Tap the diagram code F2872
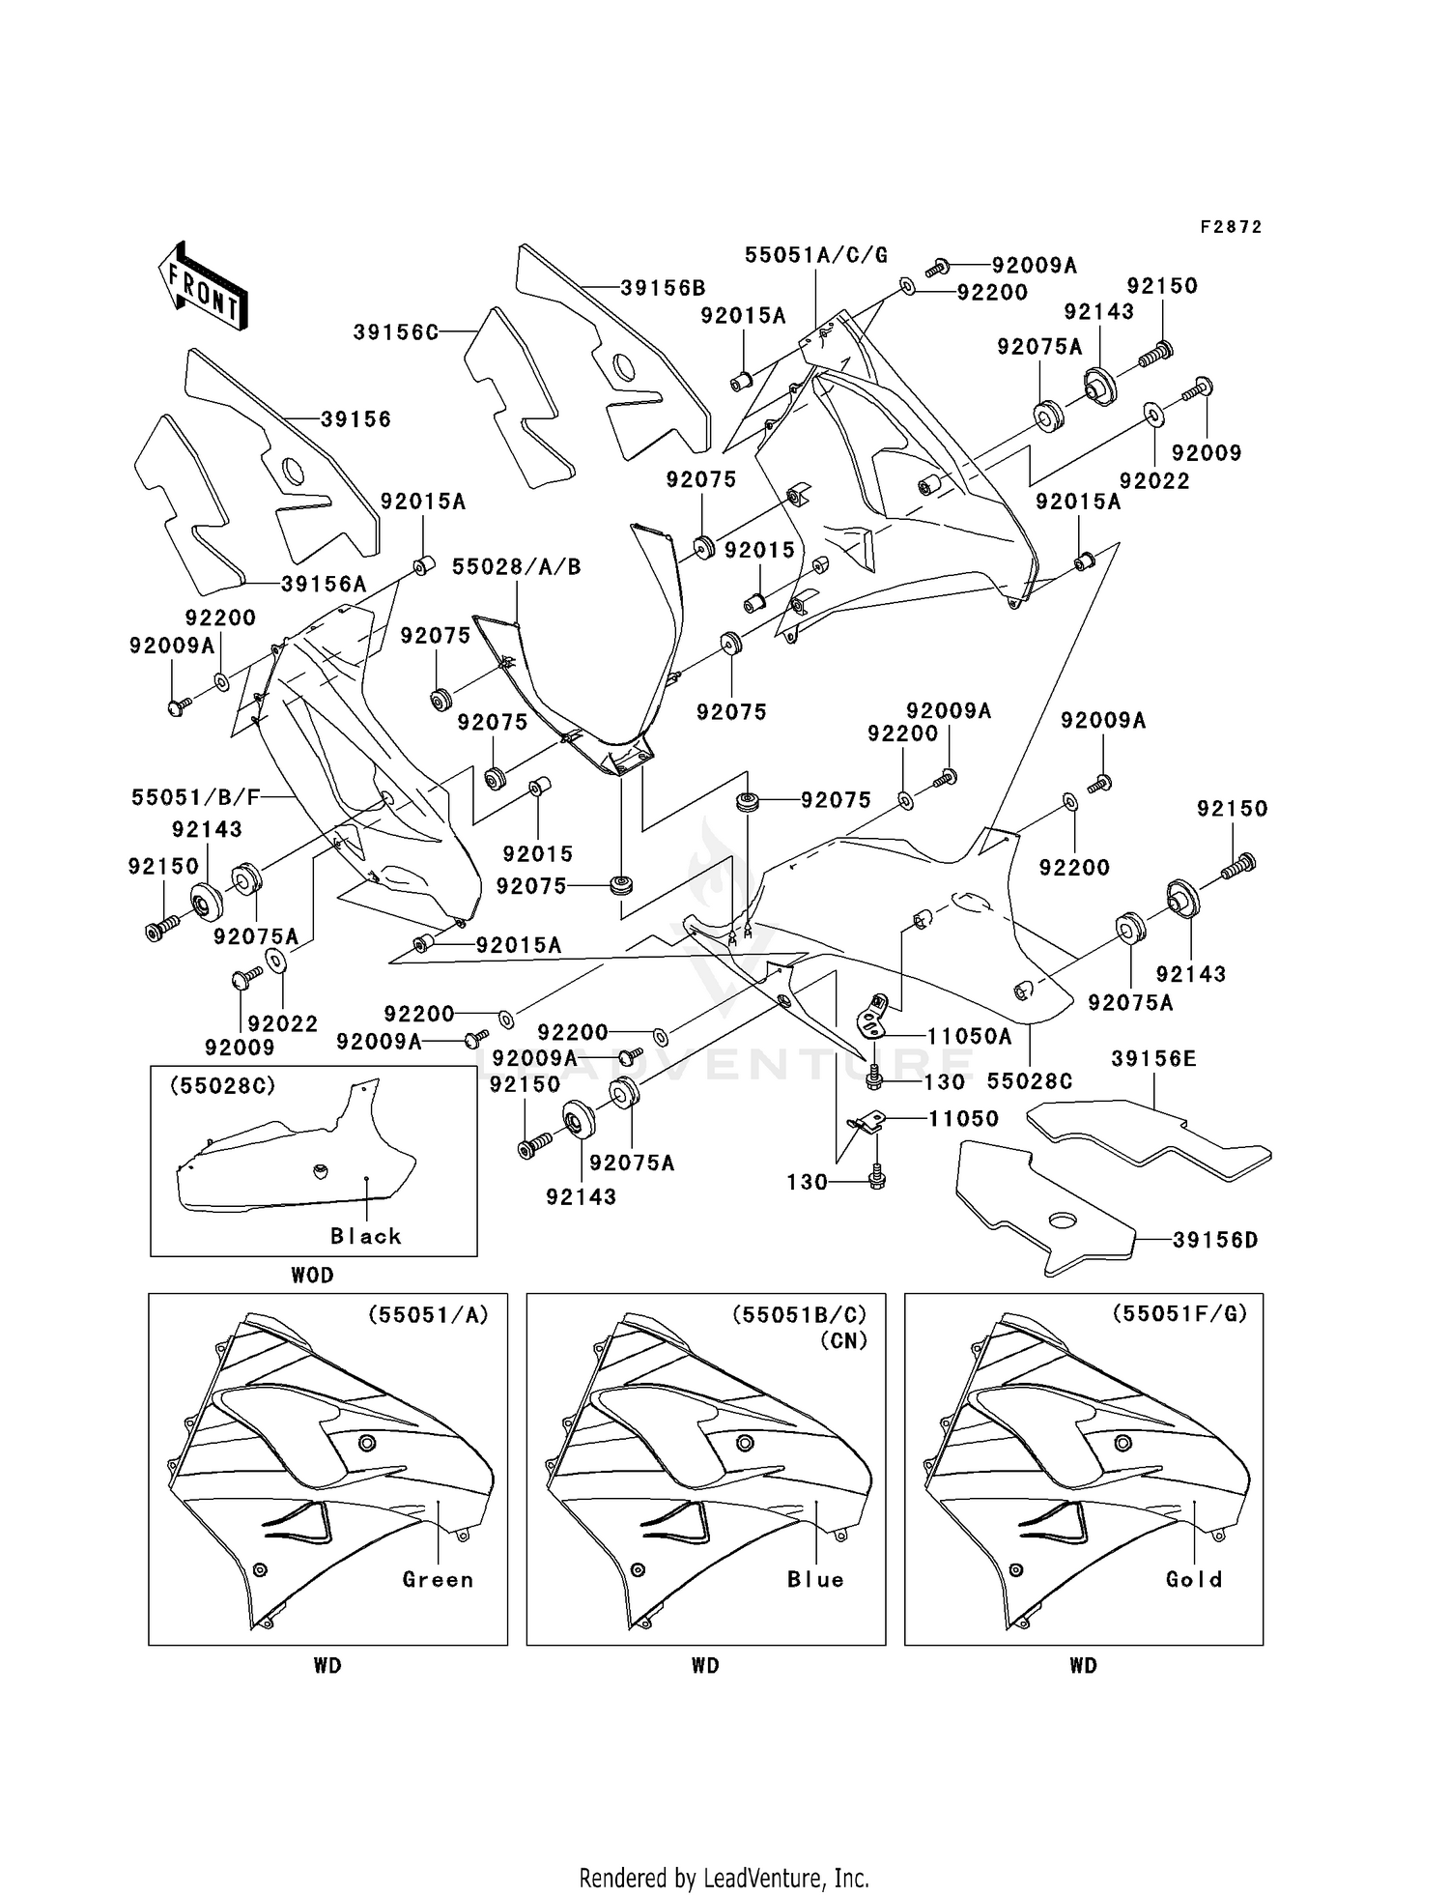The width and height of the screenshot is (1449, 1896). [1232, 227]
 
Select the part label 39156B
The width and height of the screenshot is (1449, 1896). [663, 288]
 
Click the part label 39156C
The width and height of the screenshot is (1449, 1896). [396, 332]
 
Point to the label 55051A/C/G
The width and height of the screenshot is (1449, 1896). [816, 254]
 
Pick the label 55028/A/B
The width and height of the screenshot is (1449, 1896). [517, 567]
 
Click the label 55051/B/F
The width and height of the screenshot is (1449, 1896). [196, 797]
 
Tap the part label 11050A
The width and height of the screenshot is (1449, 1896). [970, 1037]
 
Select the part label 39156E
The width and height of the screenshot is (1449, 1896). [1153, 1059]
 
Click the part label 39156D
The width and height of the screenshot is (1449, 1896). [1215, 1240]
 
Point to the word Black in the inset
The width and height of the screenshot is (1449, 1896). [366, 1236]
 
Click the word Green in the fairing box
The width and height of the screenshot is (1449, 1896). [439, 1580]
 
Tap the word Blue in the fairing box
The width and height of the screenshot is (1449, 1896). [816, 1580]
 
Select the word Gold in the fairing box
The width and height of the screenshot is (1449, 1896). [1195, 1580]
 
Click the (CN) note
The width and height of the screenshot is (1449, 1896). [843, 1341]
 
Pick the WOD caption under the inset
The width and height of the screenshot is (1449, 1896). [313, 1276]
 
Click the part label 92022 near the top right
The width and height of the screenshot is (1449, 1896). [1154, 480]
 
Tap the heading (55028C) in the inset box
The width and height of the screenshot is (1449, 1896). [223, 1086]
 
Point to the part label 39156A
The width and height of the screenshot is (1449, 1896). [325, 585]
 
